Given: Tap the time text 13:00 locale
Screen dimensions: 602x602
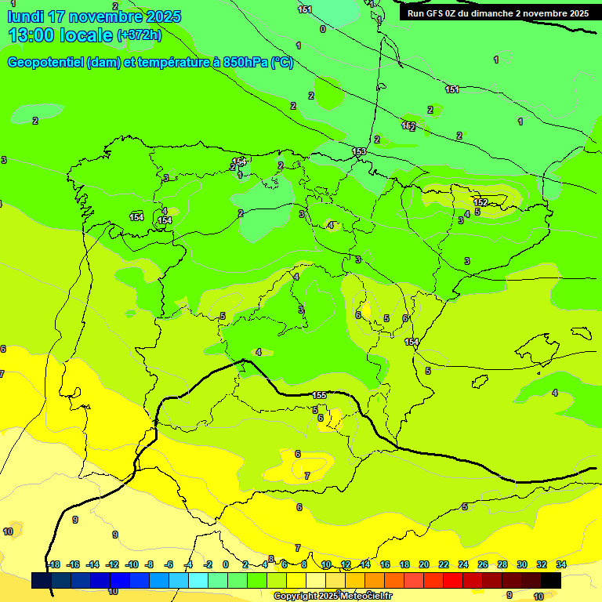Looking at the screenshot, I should pyautogui.click(x=60, y=35).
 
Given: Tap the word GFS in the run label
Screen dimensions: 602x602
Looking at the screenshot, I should pyautogui.click(x=435, y=13).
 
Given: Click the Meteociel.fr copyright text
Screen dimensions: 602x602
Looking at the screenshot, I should pyautogui.click(x=332, y=596).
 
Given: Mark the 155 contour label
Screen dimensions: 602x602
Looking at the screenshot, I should pyautogui.click(x=319, y=395).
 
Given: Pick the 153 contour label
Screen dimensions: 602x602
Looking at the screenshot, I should pyautogui.click(x=359, y=151).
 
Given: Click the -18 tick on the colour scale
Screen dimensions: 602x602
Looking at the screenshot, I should pyautogui.click(x=53, y=564).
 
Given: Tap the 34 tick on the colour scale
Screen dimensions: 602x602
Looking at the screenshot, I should pyautogui.click(x=560, y=564).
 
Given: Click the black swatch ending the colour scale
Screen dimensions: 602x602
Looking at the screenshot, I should pyautogui.click(x=551, y=580).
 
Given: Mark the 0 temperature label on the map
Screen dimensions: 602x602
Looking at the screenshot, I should pyautogui.click(x=322, y=29).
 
